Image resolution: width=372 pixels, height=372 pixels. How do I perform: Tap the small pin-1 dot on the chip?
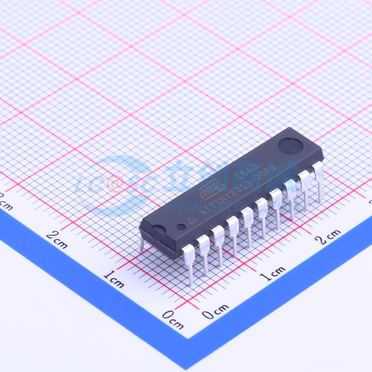tap(181, 227)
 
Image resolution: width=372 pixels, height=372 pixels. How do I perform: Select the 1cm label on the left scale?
tap(113, 279)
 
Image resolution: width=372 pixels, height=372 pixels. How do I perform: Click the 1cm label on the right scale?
tap(273, 273)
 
